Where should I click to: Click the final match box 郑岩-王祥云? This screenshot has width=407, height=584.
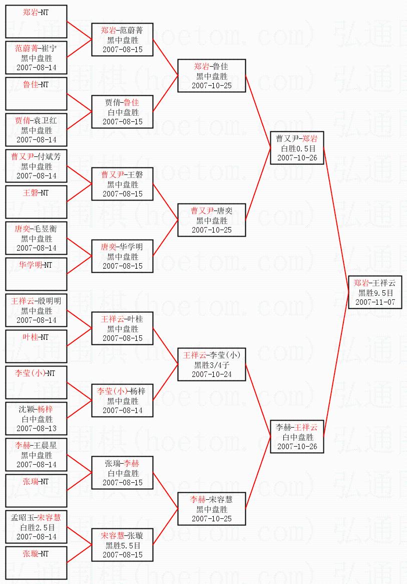point(375,292)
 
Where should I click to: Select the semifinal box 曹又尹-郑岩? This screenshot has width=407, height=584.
point(297,148)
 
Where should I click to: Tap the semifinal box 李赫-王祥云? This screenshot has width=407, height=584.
point(297,437)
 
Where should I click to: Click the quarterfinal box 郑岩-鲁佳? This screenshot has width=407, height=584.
point(212,76)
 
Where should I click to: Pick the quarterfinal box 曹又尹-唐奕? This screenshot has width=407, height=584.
point(212,220)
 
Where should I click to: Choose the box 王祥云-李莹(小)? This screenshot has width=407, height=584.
point(212,364)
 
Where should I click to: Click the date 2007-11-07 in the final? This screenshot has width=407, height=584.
point(375,302)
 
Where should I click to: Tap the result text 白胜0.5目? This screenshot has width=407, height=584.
point(297,148)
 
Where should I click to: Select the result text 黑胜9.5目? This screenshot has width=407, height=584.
point(375,293)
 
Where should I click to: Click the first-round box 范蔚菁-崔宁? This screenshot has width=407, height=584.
point(36,58)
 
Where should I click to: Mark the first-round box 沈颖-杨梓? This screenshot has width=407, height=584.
point(36,419)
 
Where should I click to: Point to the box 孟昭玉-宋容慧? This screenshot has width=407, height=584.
point(36,527)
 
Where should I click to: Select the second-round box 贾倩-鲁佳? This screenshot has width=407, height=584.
point(122,112)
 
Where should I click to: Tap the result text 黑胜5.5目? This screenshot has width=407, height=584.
point(122,545)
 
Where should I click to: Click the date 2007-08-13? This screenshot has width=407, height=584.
point(36,429)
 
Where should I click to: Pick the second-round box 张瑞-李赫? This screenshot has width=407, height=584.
point(122,473)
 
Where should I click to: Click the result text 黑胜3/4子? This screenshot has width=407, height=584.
point(212,365)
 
